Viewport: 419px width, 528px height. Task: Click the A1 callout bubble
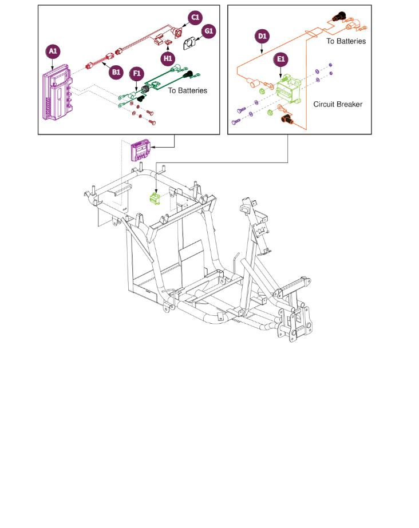tap(53, 51)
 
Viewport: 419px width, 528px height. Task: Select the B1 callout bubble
tap(116, 72)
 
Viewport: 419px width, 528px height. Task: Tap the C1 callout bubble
tap(195, 18)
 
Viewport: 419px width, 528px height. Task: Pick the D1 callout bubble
tap(262, 37)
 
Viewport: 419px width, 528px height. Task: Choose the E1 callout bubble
tap(280, 59)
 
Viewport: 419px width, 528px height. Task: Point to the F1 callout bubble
tap(136, 73)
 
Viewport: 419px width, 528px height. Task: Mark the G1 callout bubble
tap(209, 31)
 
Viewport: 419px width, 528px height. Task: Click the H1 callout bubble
tap(168, 58)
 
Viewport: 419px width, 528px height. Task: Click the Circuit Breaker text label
tap(338, 104)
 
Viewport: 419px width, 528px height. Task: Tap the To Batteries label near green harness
tap(188, 90)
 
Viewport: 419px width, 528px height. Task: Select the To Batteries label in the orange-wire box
tap(346, 41)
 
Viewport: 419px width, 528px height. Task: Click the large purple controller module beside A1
tap(57, 92)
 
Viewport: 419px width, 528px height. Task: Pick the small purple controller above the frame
tap(140, 150)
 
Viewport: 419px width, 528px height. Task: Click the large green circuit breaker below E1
tap(288, 89)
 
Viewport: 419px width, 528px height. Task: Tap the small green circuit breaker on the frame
tap(155, 199)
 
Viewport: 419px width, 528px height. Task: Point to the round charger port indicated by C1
tap(176, 33)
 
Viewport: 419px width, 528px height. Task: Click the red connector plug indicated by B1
tap(90, 66)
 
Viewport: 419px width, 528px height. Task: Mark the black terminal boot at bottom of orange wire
tap(287, 118)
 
